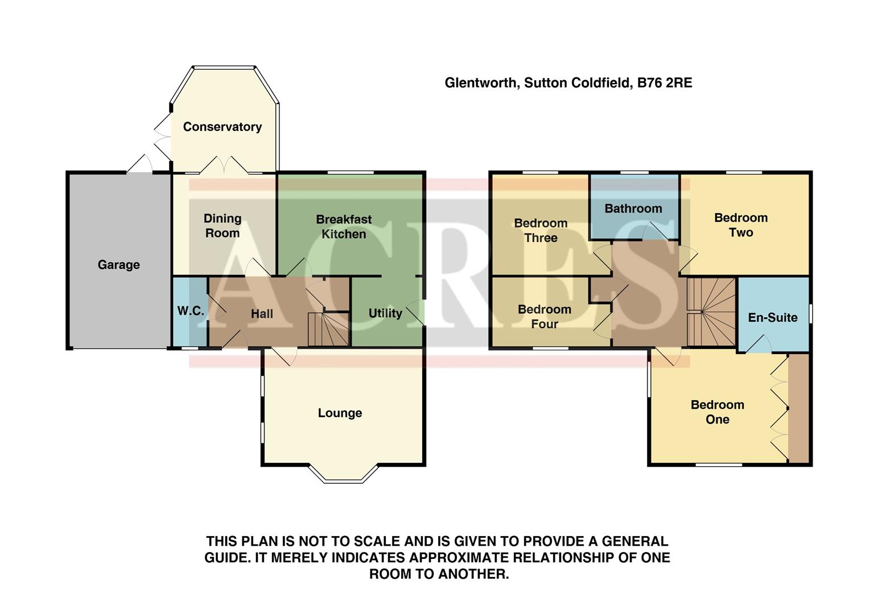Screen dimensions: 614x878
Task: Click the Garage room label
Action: coord(118,264)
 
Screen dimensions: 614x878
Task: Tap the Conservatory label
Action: coord(222,127)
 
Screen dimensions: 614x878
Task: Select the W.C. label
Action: coord(190,311)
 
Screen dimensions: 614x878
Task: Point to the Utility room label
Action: coord(385,313)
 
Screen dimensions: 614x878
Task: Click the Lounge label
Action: coord(340,413)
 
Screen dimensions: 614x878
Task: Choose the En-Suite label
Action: coord(772,317)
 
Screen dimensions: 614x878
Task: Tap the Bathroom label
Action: coord(633,209)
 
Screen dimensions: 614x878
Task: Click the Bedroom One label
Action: coord(717,412)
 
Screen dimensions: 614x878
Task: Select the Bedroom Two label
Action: coord(741,225)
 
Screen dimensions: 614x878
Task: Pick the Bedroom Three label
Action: coord(541,230)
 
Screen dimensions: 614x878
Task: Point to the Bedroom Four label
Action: coord(544,317)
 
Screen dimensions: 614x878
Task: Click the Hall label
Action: coord(262,314)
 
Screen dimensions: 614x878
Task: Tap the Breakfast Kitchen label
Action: coord(344,226)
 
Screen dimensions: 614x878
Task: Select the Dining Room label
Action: coord(222,226)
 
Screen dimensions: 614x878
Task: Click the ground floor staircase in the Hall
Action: coord(328,329)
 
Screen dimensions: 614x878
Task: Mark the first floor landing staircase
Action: coord(711,311)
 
